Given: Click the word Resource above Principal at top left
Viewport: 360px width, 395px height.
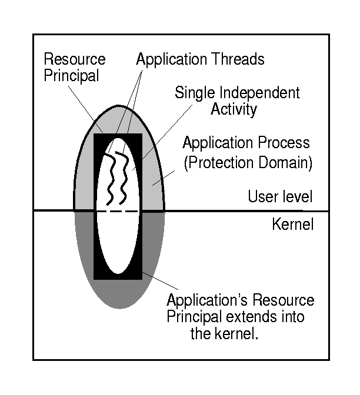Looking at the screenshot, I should point(75,59).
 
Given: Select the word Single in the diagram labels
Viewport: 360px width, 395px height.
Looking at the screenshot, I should point(194,93).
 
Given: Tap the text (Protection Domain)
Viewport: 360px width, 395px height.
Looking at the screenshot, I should point(248,162).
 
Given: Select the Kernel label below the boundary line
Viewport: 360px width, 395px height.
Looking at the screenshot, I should point(293,224).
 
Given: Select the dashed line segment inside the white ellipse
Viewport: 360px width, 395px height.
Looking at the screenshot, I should point(118,211).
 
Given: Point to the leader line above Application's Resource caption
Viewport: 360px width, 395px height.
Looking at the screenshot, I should point(159,282).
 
